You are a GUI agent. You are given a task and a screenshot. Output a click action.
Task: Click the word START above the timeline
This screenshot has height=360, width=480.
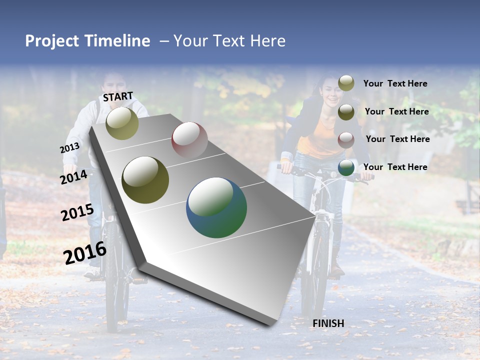[x=118, y=96]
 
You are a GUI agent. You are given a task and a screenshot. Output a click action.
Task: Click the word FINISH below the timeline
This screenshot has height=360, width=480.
[x=328, y=323]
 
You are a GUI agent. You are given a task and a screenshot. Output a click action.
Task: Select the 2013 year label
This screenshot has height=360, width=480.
[x=69, y=148]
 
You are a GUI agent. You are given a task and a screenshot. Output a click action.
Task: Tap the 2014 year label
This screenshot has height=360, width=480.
[x=74, y=177]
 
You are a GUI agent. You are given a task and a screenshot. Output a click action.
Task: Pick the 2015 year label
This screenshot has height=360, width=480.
[x=77, y=212]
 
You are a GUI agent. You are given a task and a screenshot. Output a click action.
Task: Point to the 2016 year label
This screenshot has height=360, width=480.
[x=85, y=252]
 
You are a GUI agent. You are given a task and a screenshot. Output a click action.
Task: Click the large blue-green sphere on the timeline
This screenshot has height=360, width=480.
[x=216, y=207]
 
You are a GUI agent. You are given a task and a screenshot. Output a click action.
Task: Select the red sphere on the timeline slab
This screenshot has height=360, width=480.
[x=189, y=139]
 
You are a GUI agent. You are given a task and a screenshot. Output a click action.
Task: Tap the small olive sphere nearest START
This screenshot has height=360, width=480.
[x=122, y=123]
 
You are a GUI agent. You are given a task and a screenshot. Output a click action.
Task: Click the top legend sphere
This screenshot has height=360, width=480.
[x=346, y=83]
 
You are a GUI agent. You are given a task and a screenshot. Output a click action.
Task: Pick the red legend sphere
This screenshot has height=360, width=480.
[x=346, y=140]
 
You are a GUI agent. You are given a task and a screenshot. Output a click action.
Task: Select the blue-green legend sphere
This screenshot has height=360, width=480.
[x=346, y=168]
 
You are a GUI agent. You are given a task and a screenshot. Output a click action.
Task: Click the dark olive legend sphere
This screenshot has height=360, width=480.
[x=346, y=112]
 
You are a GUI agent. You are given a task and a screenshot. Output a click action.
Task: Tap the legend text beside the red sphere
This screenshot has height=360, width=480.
[x=397, y=139]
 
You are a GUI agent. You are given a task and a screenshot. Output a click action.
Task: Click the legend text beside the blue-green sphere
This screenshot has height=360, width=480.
[x=395, y=167]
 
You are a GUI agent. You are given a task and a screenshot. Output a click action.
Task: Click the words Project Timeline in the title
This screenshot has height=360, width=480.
[x=87, y=41]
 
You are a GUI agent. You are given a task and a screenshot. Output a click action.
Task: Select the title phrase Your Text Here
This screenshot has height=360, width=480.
[x=229, y=41]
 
